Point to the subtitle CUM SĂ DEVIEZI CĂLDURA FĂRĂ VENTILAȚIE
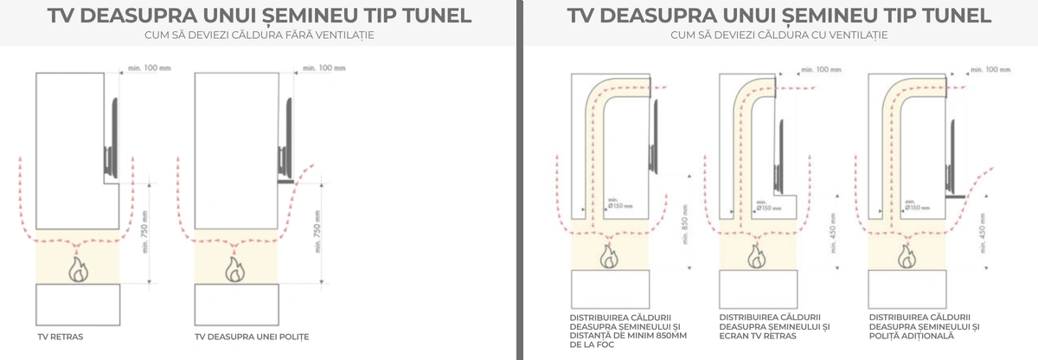click(x=253, y=35)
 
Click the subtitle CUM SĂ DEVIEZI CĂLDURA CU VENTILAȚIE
click(x=779, y=35)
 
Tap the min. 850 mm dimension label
click(x=684, y=227)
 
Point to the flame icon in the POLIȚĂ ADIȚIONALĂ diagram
click(x=907, y=255)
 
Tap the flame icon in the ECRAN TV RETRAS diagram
click(x=759, y=255)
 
